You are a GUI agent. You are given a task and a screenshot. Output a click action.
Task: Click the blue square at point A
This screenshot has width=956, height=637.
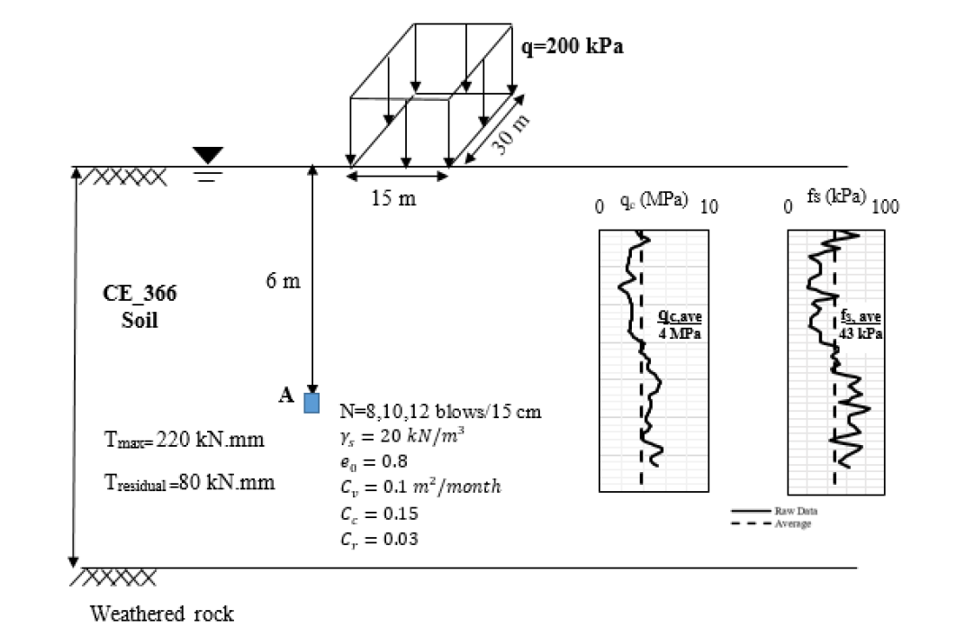311,401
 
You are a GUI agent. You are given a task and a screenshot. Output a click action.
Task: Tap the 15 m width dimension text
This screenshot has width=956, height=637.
393,197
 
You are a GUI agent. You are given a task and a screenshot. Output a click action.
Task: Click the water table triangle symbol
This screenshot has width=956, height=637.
208,156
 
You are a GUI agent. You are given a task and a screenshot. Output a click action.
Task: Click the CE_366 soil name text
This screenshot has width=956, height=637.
140,293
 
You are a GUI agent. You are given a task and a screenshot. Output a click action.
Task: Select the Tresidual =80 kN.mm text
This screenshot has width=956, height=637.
189,482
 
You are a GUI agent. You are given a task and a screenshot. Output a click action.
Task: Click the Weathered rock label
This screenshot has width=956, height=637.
161,614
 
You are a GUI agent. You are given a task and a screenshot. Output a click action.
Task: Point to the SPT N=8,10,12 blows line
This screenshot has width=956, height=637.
440,412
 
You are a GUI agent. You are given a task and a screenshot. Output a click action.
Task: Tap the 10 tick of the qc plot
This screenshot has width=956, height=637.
708,207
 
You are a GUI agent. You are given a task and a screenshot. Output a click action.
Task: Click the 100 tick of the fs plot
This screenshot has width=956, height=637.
885,207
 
